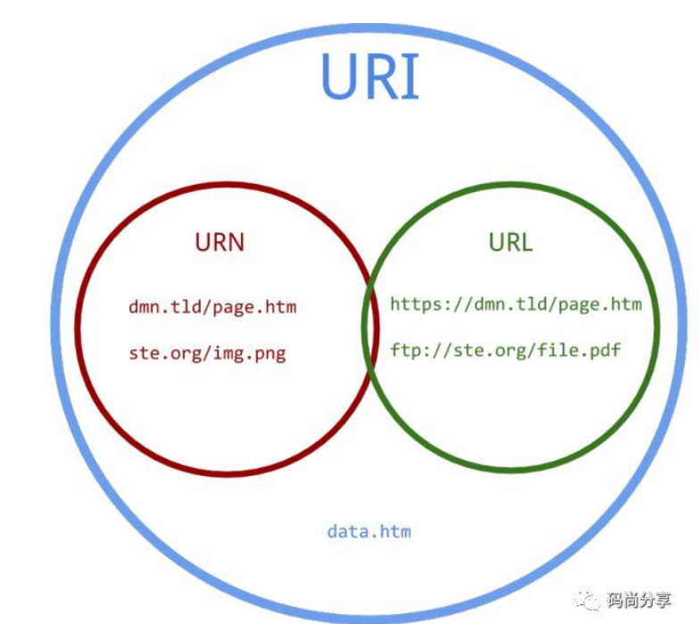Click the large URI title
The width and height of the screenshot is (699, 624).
[x=370, y=76]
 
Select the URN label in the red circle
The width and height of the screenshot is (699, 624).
[x=219, y=242]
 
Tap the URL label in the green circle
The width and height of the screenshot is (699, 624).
[x=511, y=242]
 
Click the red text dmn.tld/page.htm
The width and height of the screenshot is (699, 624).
[x=212, y=307]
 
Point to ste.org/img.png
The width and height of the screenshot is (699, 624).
[x=207, y=353]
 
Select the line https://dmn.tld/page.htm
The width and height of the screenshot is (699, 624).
[x=516, y=304]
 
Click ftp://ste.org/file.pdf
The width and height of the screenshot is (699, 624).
[x=505, y=350]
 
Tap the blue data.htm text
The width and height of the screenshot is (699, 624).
[x=369, y=531]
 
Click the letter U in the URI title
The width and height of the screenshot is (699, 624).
[x=339, y=76]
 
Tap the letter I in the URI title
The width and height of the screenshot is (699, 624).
[x=411, y=76]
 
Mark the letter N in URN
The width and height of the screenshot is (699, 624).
[x=235, y=242]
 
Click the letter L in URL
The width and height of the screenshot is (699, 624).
[x=526, y=242]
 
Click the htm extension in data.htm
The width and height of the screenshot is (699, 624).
[x=395, y=531]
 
